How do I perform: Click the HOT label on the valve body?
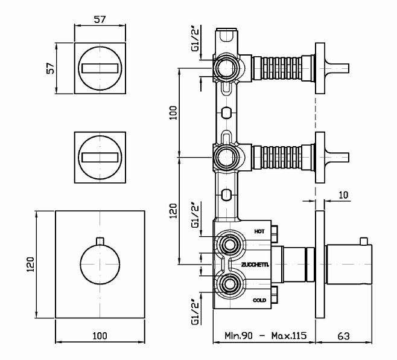(x=259, y=231)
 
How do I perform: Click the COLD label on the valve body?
(x=259, y=300)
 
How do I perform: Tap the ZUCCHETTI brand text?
(x=255, y=265)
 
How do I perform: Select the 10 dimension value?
(x=343, y=195)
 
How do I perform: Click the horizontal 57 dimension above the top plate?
(x=100, y=19)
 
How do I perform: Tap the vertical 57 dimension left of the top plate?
(x=51, y=68)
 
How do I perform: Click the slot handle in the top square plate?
(x=100, y=68)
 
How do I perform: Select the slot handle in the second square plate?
(x=100, y=157)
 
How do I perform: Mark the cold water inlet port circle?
(x=229, y=284)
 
